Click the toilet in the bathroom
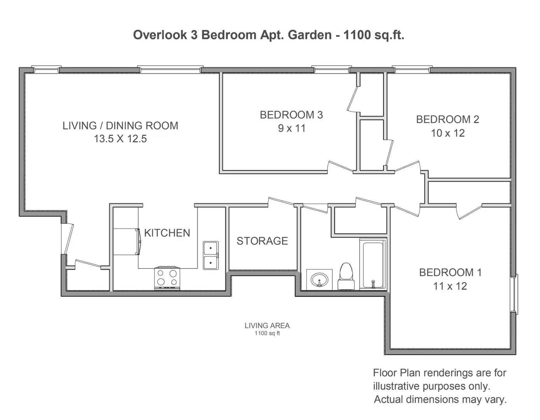pyautogui.click(x=346, y=276)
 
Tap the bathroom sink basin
pyautogui.click(x=320, y=280)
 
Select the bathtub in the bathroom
pyautogui.click(x=373, y=264)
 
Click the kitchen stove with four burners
pyautogui.click(x=167, y=278)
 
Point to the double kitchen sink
pyautogui.click(x=211, y=255)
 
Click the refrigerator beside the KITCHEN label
pyautogui.click(x=127, y=241)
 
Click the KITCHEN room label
pyautogui.click(x=167, y=233)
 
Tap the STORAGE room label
pyautogui.click(x=262, y=241)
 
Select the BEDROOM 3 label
pyautogui.click(x=291, y=115)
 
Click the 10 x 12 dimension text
pyautogui.click(x=448, y=133)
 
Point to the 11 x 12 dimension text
pyautogui.click(x=450, y=286)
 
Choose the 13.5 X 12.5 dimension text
pyautogui.click(x=120, y=139)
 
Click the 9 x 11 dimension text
pyautogui.click(x=292, y=128)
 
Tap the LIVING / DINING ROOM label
pyautogui.click(x=120, y=126)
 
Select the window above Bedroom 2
pyautogui.click(x=412, y=69)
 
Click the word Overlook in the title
pyautogui.click(x=160, y=35)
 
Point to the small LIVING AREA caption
pyautogui.click(x=267, y=325)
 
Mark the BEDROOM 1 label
pyautogui.click(x=451, y=272)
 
